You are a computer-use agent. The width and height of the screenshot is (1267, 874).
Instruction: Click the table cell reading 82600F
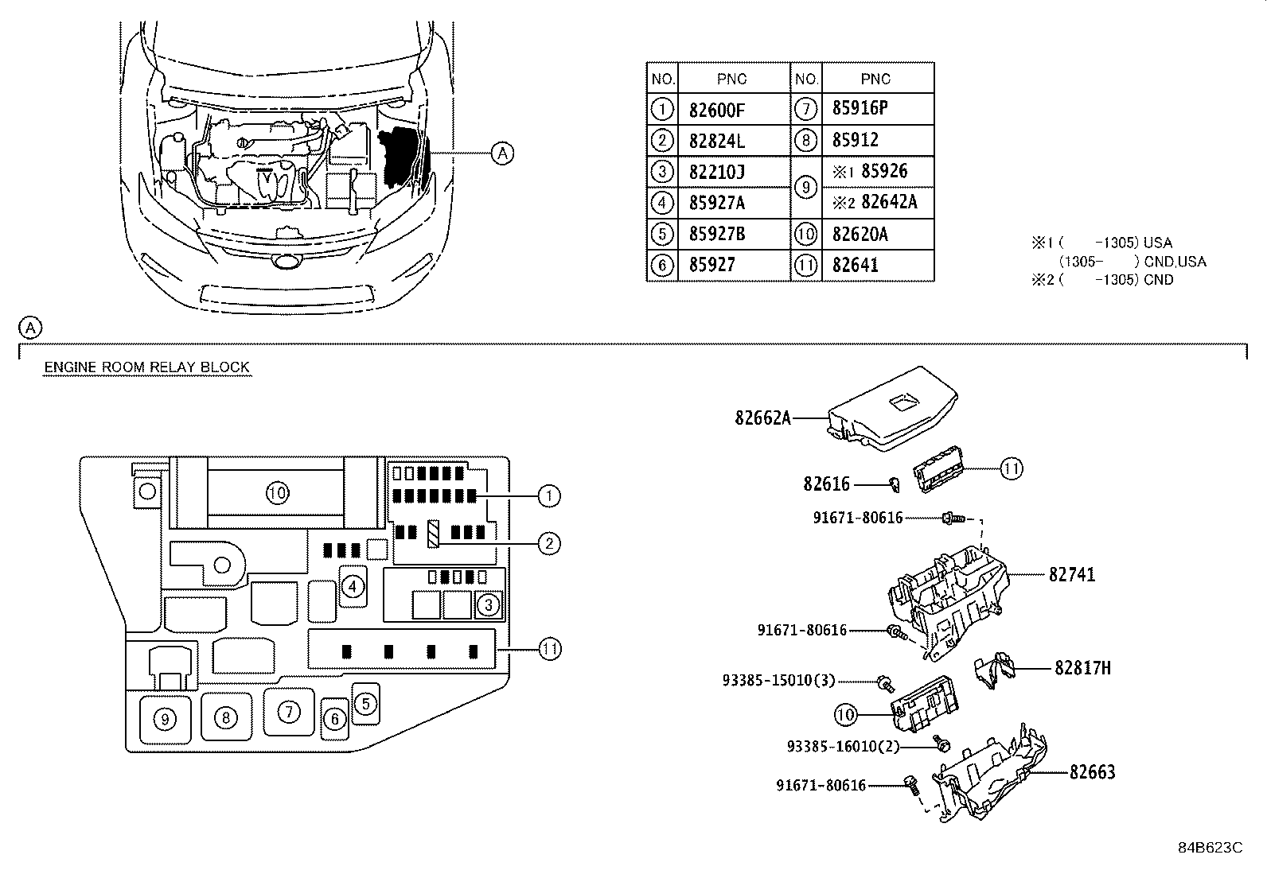(716, 110)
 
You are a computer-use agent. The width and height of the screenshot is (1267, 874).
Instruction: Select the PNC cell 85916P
(860, 109)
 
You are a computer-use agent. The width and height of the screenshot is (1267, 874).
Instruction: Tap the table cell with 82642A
(888, 202)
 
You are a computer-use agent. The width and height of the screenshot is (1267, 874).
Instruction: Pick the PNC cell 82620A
(860, 234)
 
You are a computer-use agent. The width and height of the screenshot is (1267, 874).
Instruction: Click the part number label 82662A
(762, 418)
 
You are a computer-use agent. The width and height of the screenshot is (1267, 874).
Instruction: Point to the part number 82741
(1071, 574)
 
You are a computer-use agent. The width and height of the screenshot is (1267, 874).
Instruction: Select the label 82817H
(1082, 668)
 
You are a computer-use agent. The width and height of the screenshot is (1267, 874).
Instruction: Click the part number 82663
(1092, 772)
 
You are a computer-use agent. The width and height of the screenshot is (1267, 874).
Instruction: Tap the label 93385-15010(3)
(767, 681)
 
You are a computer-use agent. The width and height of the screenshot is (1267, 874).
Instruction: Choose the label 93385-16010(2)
(832, 747)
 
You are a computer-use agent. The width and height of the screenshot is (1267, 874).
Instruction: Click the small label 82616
(826, 484)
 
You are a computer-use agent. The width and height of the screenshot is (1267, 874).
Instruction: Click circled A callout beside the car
(502, 153)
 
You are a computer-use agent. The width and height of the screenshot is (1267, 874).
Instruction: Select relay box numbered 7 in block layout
(288, 713)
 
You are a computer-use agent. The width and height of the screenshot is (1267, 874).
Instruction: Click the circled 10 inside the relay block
(276, 494)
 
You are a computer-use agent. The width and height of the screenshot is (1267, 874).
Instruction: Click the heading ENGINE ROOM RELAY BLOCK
(146, 367)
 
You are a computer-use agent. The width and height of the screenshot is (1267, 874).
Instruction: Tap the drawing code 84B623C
(1210, 848)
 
